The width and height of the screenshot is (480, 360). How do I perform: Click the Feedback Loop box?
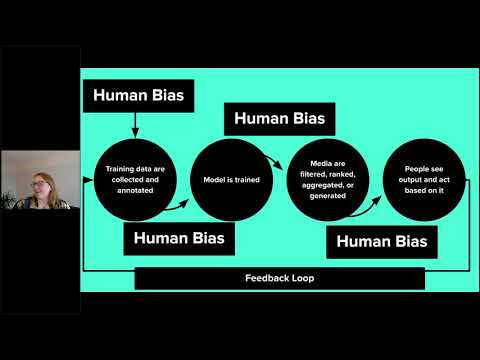click(279, 277)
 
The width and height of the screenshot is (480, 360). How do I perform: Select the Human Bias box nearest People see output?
click(381, 241)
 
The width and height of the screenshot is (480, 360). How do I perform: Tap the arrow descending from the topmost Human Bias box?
click(133, 125)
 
